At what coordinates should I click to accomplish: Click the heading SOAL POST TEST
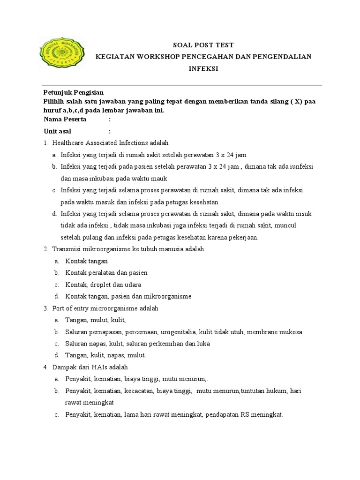click(x=203, y=45)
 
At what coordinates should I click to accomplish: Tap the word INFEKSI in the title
click(x=203, y=68)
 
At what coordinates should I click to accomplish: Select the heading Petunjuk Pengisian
click(x=74, y=92)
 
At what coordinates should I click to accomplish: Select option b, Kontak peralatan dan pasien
click(x=106, y=272)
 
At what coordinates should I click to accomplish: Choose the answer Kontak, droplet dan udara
click(x=103, y=285)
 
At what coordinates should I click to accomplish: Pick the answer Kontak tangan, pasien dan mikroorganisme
click(x=128, y=296)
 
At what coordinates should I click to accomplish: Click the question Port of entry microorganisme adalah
click(x=105, y=308)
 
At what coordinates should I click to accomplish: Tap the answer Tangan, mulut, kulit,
click(x=96, y=320)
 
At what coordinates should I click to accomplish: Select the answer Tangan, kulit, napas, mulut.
click(x=106, y=355)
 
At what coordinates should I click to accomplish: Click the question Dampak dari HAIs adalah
click(x=90, y=367)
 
